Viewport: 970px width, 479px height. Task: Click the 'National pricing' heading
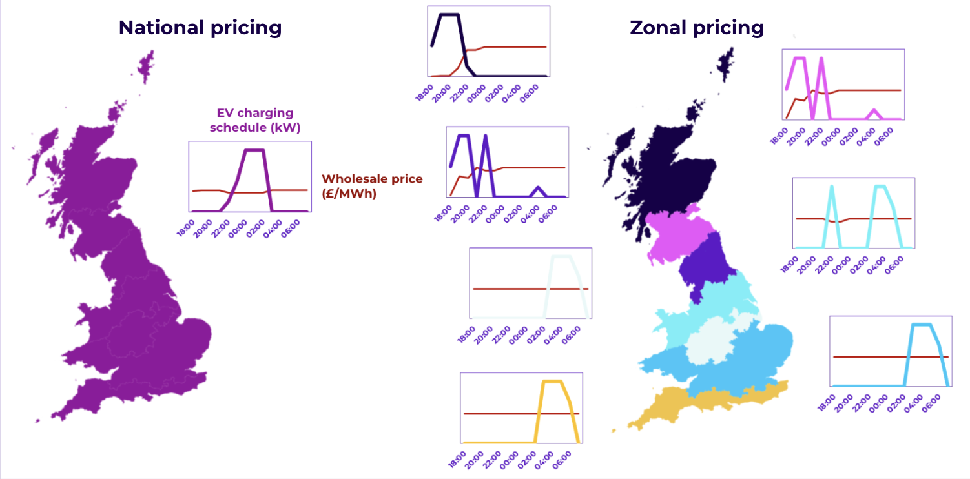200,28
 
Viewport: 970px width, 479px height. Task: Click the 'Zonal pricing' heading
697,28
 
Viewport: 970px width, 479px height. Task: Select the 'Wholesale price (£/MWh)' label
372,185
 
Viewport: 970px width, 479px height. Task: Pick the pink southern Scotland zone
678,232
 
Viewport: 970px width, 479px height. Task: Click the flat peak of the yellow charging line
552,382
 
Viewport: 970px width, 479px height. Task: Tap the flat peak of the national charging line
255,150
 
